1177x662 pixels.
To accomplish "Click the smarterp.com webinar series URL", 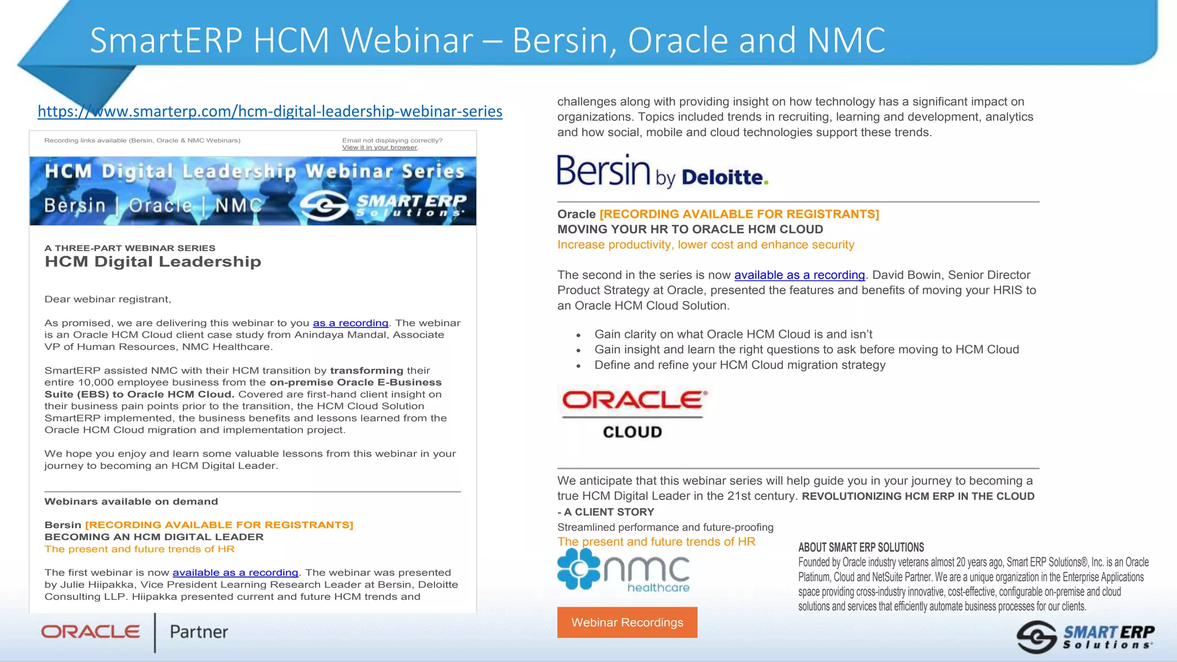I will pos(270,111).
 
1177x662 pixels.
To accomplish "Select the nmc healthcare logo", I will pos(624,569).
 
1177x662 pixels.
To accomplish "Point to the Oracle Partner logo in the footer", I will pos(134,632).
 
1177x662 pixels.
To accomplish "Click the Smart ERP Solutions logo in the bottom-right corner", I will pos(1085,637).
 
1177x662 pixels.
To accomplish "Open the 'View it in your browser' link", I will pos(379,148).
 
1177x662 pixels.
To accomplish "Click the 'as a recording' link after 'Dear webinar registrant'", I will pos(350,323).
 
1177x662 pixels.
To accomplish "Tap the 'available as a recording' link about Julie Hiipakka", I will pos(235,572).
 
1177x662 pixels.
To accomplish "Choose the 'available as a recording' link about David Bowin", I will pos(799,275).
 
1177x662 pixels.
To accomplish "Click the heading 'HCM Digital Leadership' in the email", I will pos(153,262).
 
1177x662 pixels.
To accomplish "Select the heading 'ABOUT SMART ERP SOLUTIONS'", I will pos(861,548).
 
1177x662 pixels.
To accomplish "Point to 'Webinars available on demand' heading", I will pos(131,502).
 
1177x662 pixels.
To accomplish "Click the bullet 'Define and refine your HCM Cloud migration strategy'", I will pos(740,365).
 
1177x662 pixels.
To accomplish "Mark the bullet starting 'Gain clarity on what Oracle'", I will pos(733,334).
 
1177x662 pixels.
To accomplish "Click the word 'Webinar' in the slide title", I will pos(407,40).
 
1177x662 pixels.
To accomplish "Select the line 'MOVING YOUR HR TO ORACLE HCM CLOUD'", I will pos(690,229).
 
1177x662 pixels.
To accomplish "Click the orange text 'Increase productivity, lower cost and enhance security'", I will pos(705,245).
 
